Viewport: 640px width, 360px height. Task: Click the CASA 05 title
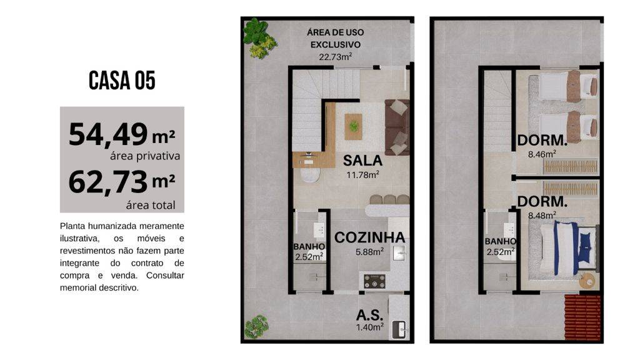[122, 80]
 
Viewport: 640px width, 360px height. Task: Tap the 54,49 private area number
[108, 134]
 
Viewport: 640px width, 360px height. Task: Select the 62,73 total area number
[108, 182]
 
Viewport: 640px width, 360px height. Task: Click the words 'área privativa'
[145, 156]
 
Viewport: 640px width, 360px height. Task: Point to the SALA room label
[362, 161]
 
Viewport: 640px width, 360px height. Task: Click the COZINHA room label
[369, 237]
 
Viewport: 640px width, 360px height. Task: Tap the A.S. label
[370, 315]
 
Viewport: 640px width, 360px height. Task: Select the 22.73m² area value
[336, 57]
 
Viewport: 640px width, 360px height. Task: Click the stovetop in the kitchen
[375, 281]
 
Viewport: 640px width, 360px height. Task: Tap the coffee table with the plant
[354, 126]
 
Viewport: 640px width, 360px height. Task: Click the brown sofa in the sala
[397, 127]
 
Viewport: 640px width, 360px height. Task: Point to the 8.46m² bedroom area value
[542, 154]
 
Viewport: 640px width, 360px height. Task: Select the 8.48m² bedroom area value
[542, 215]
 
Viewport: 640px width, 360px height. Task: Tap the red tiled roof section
[582, 317]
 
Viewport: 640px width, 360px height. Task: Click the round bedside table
[588, 282]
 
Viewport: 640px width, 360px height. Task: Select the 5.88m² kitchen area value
[369, 252]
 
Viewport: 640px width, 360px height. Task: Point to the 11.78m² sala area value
[362, 175]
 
